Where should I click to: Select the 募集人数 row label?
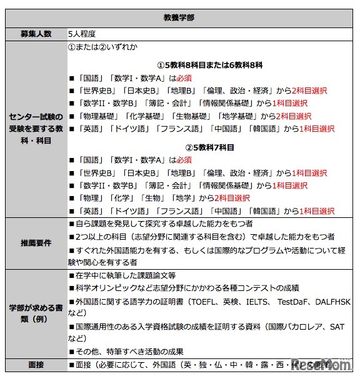(35, 34)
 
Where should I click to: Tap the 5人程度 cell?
(81, 34)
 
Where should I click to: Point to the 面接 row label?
(35, 365)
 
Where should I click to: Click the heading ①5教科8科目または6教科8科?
(210, 65)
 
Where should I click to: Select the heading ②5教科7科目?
(209, 147)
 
